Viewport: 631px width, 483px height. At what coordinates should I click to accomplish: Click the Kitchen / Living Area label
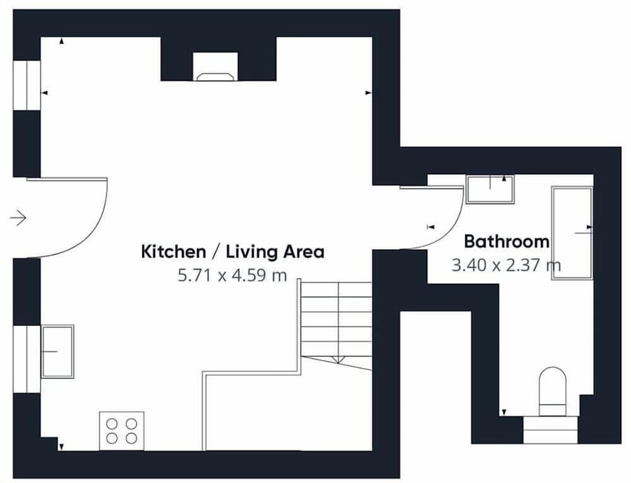(x=233, y=252)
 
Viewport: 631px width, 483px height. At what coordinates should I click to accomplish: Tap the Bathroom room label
(x=507, y=242)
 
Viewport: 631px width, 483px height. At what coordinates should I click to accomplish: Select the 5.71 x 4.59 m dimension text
(x=232, y=275)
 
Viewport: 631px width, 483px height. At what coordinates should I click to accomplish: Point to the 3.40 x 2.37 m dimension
(x=506, y=265)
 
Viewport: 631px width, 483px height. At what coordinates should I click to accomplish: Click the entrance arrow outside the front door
(x=18, y=218)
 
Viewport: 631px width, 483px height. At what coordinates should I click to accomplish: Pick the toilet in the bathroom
(x=553, y=391)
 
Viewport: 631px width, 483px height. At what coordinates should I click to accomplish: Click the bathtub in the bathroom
(x=572, y=233)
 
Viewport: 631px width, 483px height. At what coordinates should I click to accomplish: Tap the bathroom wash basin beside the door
(x=490, y=189)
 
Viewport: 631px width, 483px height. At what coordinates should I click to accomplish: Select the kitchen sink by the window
(x=58, y=352)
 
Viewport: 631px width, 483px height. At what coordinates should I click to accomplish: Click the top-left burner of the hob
(x=112, y=424)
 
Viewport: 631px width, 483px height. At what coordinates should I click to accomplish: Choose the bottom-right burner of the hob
(x=131, y=438)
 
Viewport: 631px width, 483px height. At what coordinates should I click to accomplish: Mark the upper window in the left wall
(x=27, y=85)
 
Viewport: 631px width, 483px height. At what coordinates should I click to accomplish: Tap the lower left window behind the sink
(x=27, y=359)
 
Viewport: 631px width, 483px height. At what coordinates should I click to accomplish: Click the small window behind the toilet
(x=550, y=430)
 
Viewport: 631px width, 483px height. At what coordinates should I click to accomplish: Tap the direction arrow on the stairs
(x=337, y=360)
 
